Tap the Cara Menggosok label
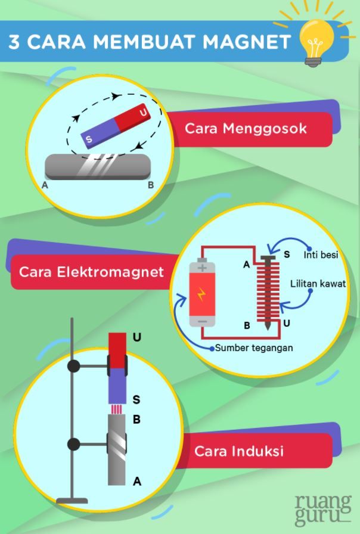[246, 129]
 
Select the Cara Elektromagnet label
[91, 272]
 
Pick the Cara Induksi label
[238, 451]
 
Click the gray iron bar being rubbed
[98, 166]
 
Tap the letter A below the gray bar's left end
[45, 185]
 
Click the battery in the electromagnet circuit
[202, 294]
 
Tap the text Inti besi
[321, 255]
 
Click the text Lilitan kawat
[318, 284]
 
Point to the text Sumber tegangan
[254, 347]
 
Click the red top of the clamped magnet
[117, 348]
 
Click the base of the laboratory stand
[72, 500]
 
